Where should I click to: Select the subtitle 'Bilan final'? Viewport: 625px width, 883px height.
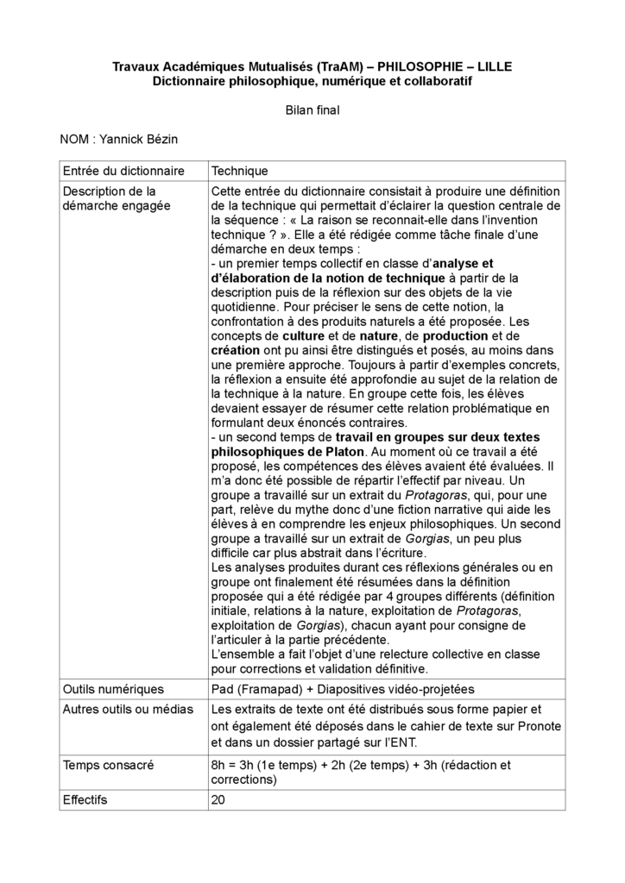tap(312, 110)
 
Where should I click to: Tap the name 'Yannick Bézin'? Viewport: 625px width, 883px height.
tap(142, 139)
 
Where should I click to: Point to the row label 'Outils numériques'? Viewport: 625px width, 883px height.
tap(113, 689)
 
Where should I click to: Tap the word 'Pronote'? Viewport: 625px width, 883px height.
tap(520, 726)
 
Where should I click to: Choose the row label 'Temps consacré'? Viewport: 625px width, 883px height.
tap(109, 764)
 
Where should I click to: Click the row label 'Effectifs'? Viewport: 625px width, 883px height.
tap(85, 799)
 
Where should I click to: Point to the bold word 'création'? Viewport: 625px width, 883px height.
tap(236, 350)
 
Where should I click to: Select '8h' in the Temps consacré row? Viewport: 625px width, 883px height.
tap(219, 764)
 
